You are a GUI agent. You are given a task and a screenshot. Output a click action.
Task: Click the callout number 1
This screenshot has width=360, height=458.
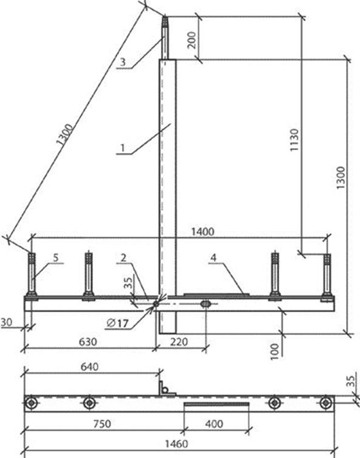(123, 148)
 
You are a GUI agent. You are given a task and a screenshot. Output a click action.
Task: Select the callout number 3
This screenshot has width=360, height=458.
(123, 62)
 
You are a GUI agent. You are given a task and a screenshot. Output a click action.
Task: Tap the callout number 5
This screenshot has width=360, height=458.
(56, 258)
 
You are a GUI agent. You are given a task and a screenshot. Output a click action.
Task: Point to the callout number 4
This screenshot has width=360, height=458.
(214, 258)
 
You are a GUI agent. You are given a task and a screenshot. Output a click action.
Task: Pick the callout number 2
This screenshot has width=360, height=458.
(123, 258)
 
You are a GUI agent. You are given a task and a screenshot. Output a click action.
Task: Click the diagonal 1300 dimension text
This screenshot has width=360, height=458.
(64, 135)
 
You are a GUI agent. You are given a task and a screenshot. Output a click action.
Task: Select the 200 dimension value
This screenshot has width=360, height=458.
(191, 40)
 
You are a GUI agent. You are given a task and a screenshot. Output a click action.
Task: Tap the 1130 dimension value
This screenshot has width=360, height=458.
(294, 140)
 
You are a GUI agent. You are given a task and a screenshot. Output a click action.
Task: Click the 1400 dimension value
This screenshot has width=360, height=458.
(203, 232)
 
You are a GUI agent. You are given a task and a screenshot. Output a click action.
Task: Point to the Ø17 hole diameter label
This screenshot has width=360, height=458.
(118, 323)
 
